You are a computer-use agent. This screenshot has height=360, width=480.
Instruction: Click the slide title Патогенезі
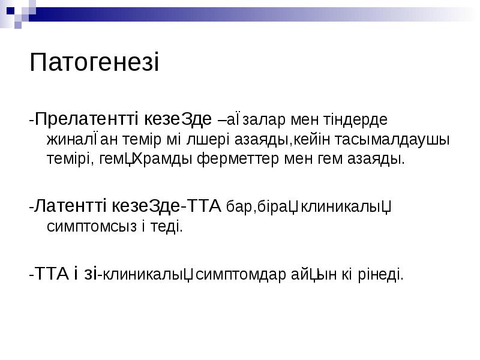[x=94, y=63]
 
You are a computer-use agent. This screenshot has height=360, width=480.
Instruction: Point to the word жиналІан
[x=74, y=139]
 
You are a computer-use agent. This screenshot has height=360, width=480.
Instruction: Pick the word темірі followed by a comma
[x=68, y=160]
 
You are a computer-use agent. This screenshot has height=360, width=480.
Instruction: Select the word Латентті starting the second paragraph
[x=71, y=206]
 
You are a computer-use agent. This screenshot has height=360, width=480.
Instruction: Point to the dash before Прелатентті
[x=32, y=119]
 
